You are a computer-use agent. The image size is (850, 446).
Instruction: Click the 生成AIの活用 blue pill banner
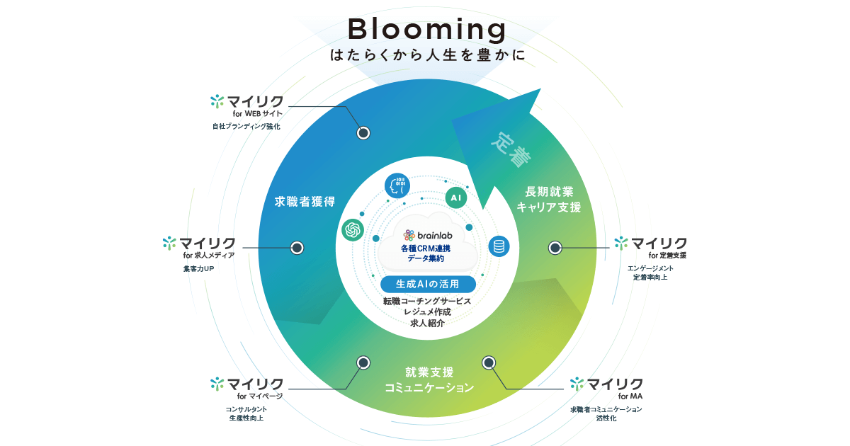pyautogui.click(x=427, y=284)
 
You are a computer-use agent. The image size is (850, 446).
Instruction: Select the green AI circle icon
pyautogui.click(x=456, y=198)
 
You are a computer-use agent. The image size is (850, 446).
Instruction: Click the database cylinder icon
pyautogui.click(x=499, y=246)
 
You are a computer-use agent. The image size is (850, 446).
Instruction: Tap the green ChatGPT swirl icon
pyautogui.click(x=353, y=229)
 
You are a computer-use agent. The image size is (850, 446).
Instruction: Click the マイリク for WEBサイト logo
pyautogui.click(x=247, y=105)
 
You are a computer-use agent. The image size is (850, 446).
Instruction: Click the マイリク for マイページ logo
pyautogui.click(x=247, y=388)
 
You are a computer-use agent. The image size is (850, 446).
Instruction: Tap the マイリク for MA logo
pyautogui.click(x=607, y=388)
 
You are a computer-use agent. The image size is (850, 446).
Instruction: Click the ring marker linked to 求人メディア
pyautogui.click(x=297, y=248)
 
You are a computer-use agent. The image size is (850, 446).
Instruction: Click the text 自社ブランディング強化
pyautogui.click(x=246, y=127)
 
